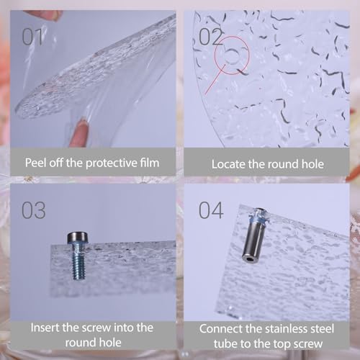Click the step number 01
32,37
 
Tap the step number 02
211,37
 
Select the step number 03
34,210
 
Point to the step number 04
211,210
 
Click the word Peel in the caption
36,163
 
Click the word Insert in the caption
45,328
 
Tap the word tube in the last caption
225,343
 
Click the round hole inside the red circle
233,55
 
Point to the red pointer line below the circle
215,79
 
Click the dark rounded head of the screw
78,237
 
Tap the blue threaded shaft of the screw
79,261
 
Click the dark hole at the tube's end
248,258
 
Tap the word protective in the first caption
112,163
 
